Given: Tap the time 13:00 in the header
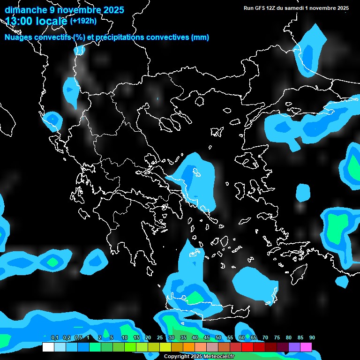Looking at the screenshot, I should pos(20,21).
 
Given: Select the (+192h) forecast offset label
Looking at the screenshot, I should pos(83,21).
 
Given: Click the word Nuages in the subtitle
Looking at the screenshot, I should pos(19,37).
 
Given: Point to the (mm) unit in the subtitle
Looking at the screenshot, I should pos(199,37).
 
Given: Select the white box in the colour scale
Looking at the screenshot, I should pos(48,347).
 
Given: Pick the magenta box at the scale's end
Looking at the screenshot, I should pos(306,347).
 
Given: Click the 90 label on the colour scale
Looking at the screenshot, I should pos(312,337).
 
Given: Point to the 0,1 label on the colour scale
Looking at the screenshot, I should pos(54,337).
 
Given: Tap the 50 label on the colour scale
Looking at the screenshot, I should pos(218,337).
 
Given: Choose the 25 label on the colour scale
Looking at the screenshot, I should pos(160,337).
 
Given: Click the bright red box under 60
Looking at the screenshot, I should pos(247,347).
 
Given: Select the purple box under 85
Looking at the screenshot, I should pos(294,347).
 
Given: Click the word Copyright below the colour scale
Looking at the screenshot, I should pos(177,356).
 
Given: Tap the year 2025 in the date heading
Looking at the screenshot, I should pos(112,10).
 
